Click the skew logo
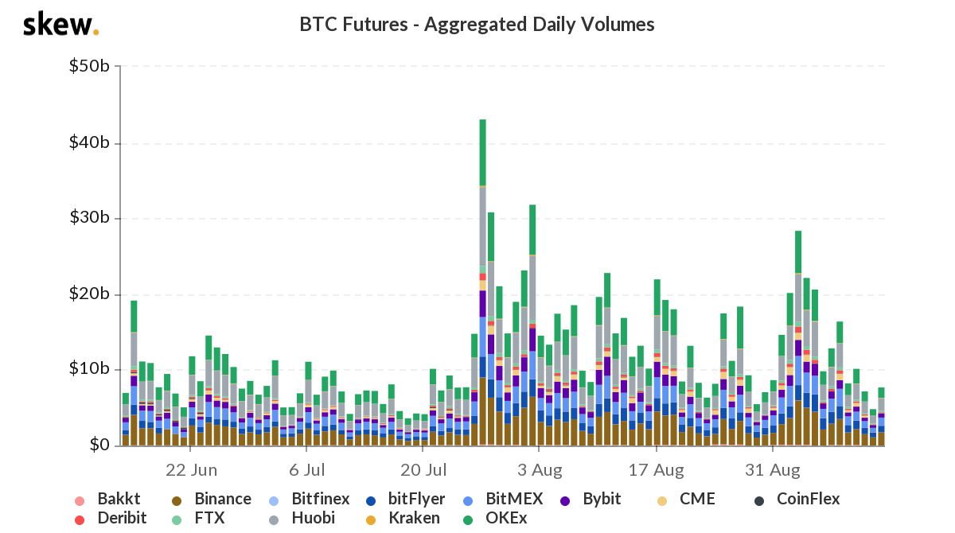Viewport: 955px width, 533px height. (60, 25)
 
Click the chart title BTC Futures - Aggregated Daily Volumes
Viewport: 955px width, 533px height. (477, 25)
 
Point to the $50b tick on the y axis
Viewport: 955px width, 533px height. (89, 66)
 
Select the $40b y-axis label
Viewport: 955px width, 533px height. (89, 142)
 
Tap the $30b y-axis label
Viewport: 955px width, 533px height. (89, 218)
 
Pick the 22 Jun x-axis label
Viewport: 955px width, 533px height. (192, 469)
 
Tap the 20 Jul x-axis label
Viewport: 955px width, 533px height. (422, 469)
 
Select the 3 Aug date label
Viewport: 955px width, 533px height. (538, 469)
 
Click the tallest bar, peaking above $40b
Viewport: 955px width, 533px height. (482, 278)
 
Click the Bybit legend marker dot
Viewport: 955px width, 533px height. (566, 500)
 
